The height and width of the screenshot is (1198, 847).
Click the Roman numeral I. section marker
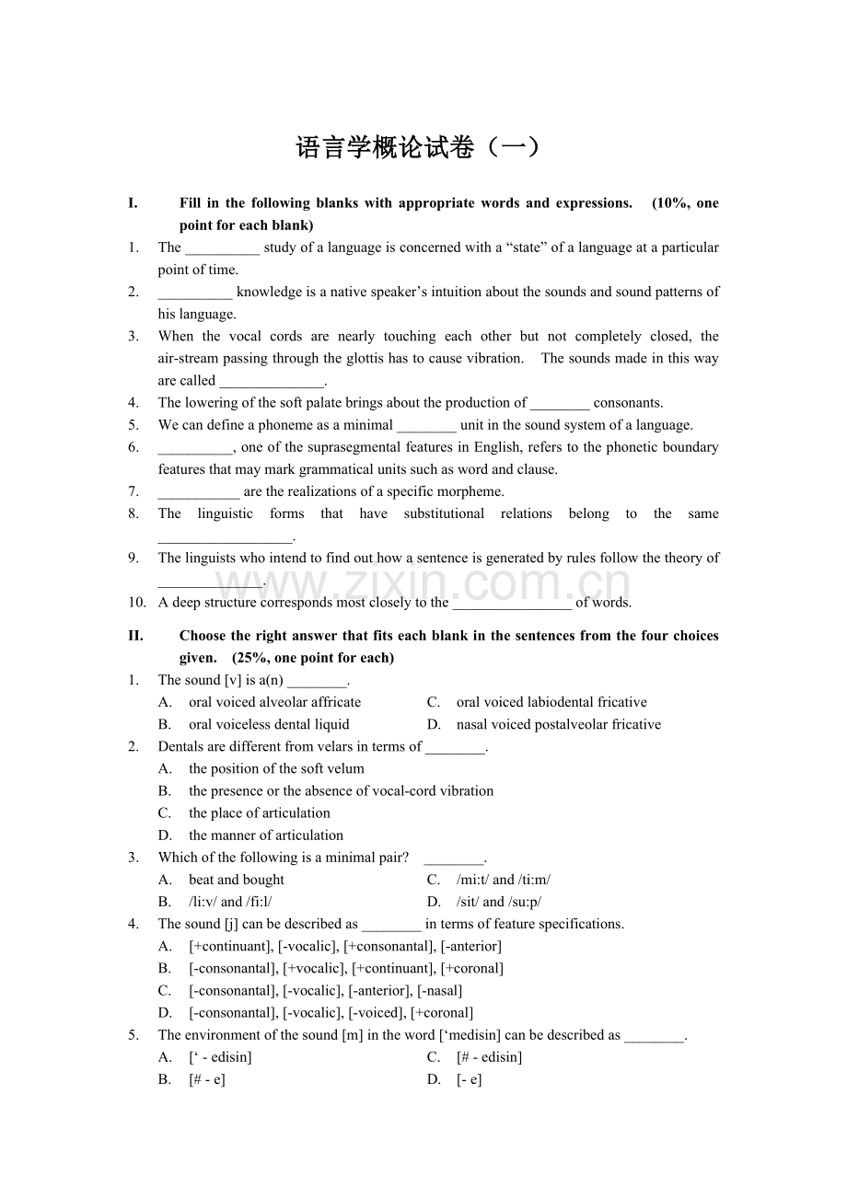pos(133,203)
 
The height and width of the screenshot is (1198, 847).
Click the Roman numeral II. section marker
pos(135,636)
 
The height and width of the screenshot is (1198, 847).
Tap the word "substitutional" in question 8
pos(444,513)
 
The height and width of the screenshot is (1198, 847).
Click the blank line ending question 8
pos(225,536)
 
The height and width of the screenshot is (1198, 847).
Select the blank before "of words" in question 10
pos(512,604)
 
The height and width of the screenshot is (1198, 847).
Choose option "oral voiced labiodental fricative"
pos(551,702)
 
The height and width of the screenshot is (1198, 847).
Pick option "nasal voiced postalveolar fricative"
pos(558,725)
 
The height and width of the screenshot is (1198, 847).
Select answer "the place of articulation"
pos(259,813)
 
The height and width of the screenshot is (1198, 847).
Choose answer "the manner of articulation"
pos(266,835)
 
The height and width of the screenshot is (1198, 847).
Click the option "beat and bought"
pos(237,880)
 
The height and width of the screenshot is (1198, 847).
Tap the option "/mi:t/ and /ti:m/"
pos(504,880)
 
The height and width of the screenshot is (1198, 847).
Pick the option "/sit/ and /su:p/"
pos(499,902)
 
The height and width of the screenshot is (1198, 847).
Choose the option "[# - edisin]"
pos(489,1057)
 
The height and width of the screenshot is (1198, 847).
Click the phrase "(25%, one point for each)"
pos(313,658)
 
